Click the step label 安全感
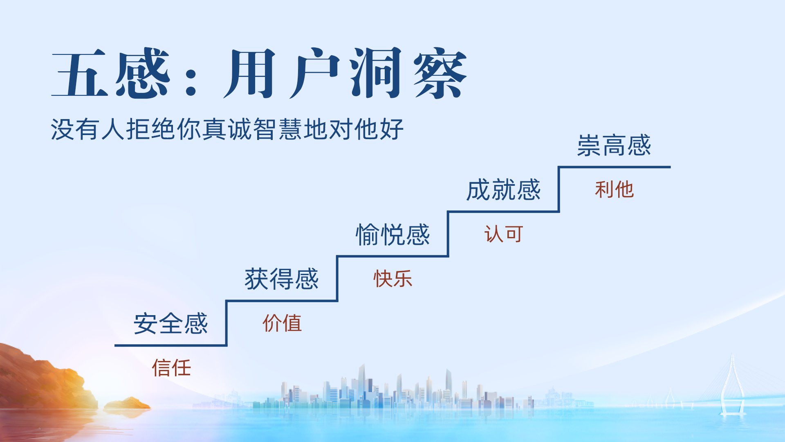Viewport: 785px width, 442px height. tap(171, 323)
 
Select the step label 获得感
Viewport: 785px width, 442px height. tap(282, 279)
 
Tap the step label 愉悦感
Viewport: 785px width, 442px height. tap(392, 235)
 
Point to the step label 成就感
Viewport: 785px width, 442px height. tap(504, 190)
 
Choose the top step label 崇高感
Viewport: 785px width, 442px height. tap(614, 145)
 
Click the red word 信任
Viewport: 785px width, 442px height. tap(171, 368)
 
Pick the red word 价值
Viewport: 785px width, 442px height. tap(282, 323)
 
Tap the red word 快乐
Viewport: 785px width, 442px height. tap(393, 279)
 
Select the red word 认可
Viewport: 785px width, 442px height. tap(504, 234)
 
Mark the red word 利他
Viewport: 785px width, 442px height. tap(615, 189)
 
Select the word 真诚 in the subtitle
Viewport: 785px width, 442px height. tap(228, 129)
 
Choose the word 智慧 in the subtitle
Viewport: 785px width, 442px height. tap(278, 129)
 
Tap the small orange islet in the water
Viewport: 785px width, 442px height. tap(128, 404)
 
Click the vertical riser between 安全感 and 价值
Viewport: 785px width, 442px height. tap(226, 323)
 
